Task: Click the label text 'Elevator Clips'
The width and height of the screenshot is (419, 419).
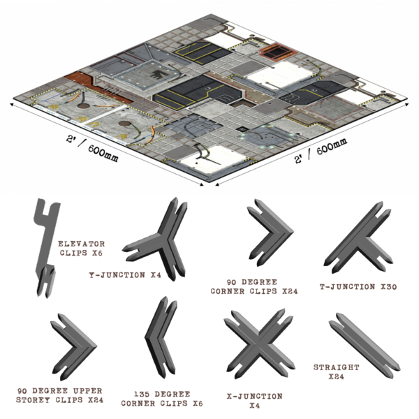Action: (82, 248)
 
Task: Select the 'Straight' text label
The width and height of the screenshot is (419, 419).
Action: (337, 371)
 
